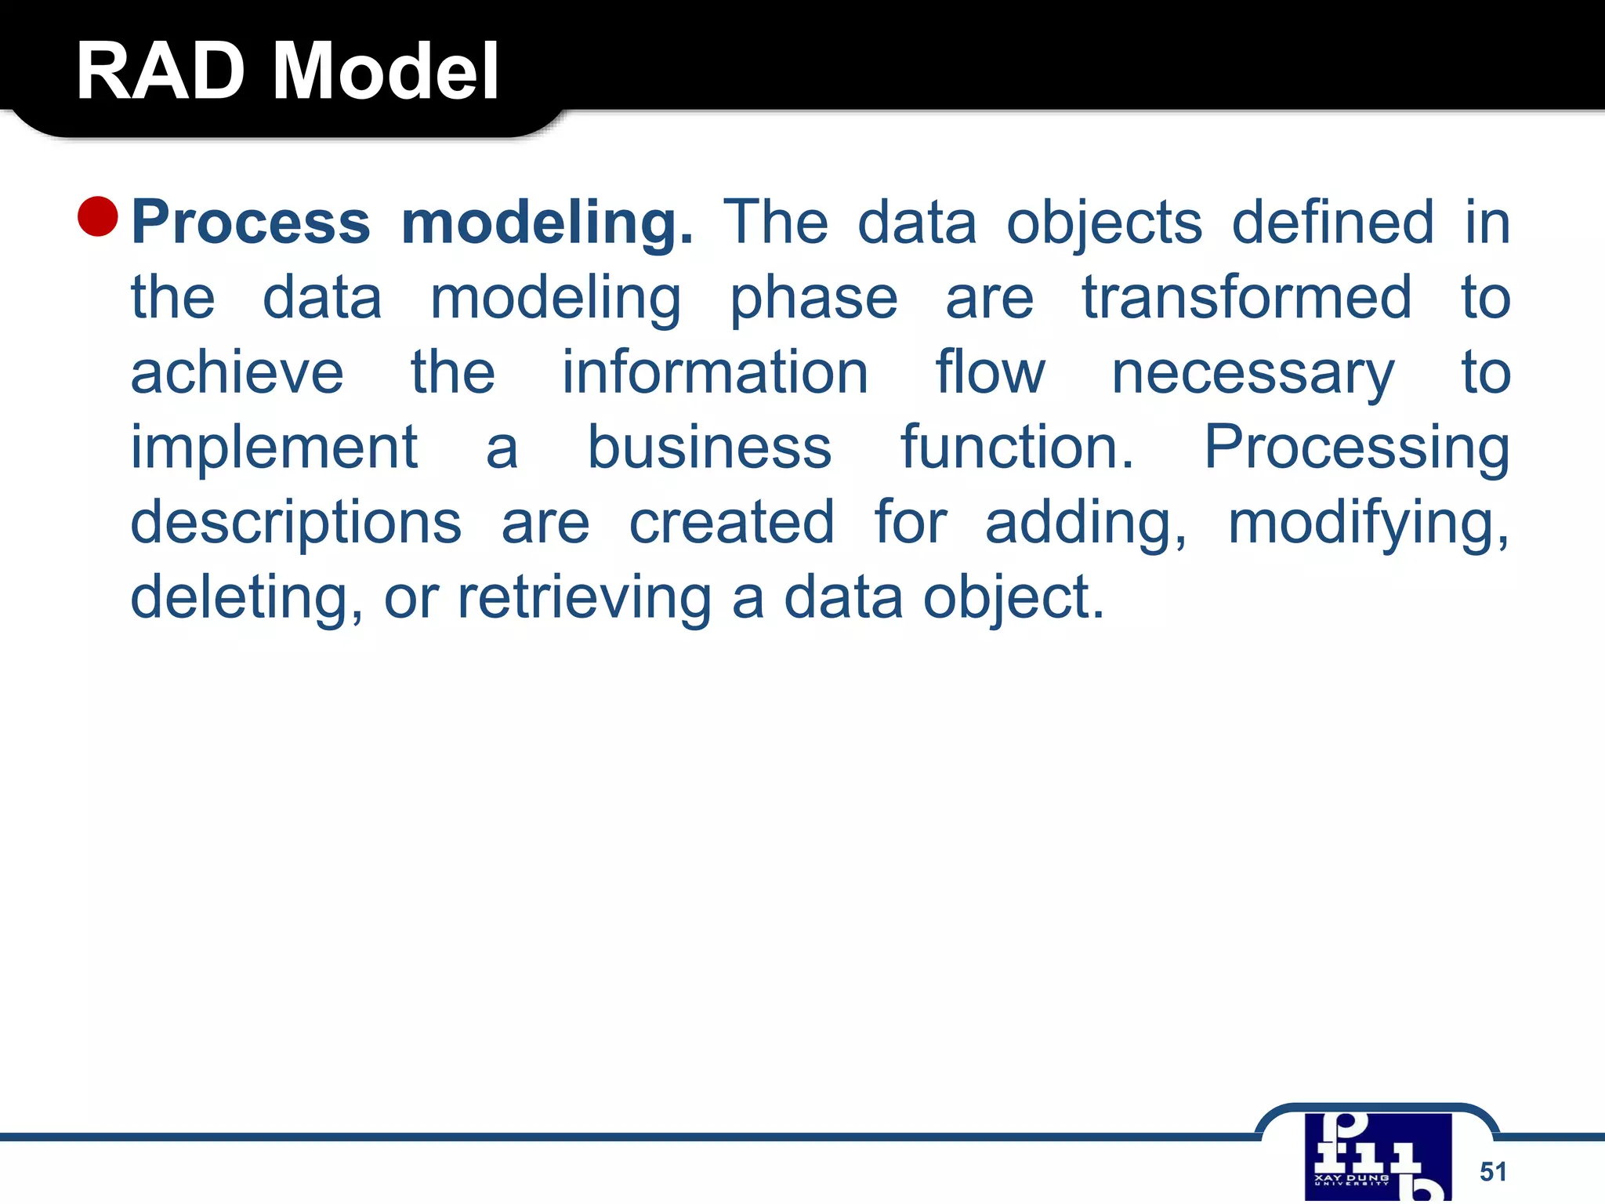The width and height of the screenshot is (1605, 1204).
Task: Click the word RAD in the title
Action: pos(160,72)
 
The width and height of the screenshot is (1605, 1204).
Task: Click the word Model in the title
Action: pos(385,72)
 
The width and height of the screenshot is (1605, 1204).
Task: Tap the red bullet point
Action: pos(98,216)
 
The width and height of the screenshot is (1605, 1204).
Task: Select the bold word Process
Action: pos(251,223)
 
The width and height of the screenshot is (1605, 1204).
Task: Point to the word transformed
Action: pos(1247,298)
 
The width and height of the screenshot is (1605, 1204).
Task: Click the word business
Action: pos(709,448)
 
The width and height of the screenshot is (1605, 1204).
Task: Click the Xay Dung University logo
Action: pos(1378,1157)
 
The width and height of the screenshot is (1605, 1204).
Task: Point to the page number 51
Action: pos(1493,1171)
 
